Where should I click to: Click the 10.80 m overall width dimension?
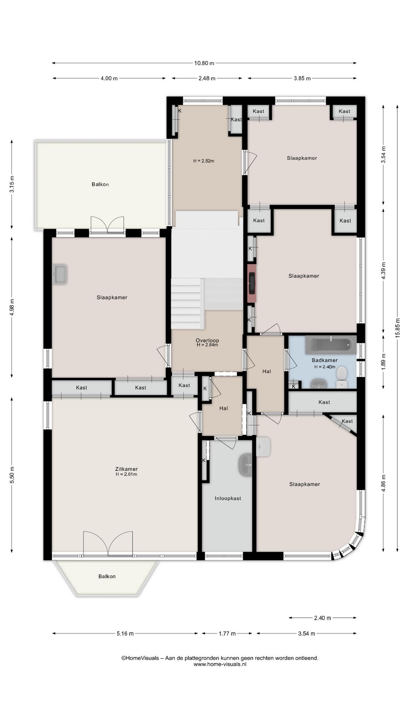point(204,63)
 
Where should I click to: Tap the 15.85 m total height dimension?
point(397,328)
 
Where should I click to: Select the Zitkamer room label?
point(126,469)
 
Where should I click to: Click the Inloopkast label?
point(228,498)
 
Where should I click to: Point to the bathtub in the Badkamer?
point(331,345)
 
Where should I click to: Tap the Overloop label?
point(208,340)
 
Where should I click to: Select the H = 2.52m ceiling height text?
point(204,161)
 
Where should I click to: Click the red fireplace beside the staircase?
point(251,283)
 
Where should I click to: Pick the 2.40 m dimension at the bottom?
point(323,618)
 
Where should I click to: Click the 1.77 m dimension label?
point(227,633)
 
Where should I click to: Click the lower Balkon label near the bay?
point(107,576)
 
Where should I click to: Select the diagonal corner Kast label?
point(347,421)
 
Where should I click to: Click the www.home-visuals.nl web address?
point(220,664)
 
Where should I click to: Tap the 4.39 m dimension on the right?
point(383,271)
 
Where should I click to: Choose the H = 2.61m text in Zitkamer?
point(126,474)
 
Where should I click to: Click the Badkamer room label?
point(325,360)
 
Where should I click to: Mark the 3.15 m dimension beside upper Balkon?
point(12,184)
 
